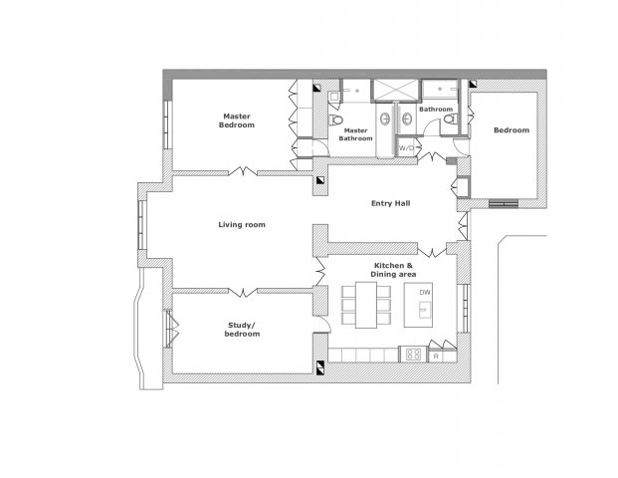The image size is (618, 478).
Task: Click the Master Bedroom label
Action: pyautogui.click(x=237, y=120)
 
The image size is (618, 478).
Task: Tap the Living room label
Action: pyautogui.click(x=242, y=225)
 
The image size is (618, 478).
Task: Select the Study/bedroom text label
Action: pyautogui.click(x=242, y=330)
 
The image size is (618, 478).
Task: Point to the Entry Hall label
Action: pyautogui.click(x=390, y=203)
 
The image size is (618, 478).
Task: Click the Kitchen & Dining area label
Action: pyautogui.click(x=393, y=270)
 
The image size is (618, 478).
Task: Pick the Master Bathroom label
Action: pyautogui.click(x=355, y=134)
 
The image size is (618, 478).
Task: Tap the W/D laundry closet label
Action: pyautogui.click(x=406, y=148)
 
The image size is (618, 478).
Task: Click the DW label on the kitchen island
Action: pyautogui.click(x=425, y=293)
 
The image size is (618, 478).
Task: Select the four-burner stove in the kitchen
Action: pyautogui.click(x=413, y=354)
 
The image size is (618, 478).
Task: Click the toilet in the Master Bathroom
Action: pyautogui.click(x=335, y=119)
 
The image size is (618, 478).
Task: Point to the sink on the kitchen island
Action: pyautogui.click(x=425, y=310)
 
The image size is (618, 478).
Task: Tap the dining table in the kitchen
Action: pyautogui.click(x=366, y=305)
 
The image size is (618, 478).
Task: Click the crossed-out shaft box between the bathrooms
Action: pyautogui.click(x=395, y=91)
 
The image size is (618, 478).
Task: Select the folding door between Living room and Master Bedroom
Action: pyautogui.click(x=243, y=171)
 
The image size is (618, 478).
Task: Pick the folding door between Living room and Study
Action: pyautogui.click(x=243, y=292)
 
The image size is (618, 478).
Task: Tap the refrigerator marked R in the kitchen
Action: pyautogui.click(x=436, y=357)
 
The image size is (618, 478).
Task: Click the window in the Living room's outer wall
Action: pyautogui.click(x=142, y=225)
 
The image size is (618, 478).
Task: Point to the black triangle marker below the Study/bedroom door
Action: pyautogui.click(x=320, y=367)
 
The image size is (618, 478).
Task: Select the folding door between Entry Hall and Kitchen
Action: pyautogui.click(x=432, y=252)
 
